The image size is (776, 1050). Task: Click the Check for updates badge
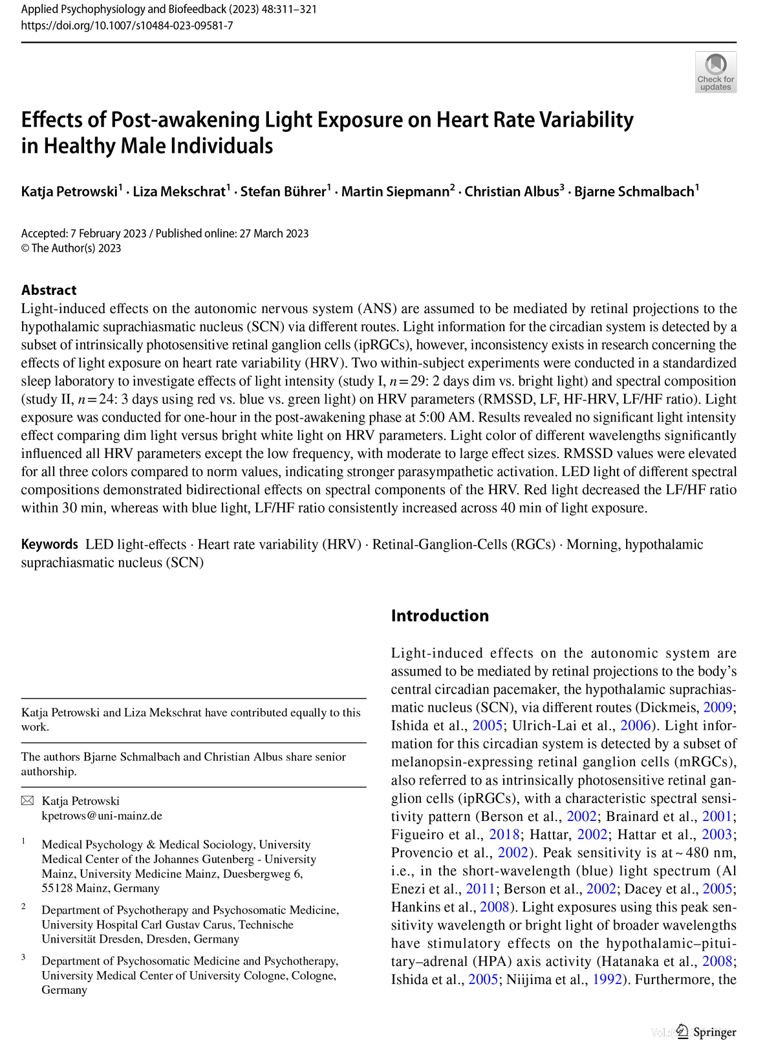[715, 72]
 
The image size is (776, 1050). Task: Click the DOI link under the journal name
[127, 26]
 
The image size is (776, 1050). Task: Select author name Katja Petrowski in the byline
[69, 191]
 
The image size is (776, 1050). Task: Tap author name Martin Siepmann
[395, 191]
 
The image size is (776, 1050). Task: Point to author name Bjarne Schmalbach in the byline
[634, 191]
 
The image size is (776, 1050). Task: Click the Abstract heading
[48, 290]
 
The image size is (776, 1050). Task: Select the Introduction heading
[440, 615]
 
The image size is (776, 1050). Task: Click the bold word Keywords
[49, 544]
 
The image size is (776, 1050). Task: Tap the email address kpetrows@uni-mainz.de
[102, 816]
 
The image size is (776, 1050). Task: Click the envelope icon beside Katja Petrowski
[27, 801]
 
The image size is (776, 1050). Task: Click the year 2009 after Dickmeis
[717, 708]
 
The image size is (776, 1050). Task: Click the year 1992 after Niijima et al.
[607, 979]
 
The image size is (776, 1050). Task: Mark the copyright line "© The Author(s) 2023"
[71, 248]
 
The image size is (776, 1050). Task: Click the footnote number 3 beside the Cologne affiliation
[24, 957]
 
